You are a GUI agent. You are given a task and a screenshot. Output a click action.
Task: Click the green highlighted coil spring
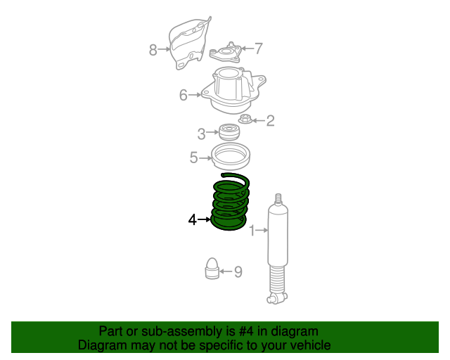230,203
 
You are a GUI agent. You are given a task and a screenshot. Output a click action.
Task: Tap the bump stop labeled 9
212,269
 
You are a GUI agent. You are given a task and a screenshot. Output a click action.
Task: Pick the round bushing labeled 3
228,132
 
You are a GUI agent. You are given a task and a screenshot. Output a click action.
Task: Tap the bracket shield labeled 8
188,44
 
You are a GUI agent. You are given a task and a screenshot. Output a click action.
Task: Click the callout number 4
192,220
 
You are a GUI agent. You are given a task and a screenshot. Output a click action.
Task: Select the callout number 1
252,230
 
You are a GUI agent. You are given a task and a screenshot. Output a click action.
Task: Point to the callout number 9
238,271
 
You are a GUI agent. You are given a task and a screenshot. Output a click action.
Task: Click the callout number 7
258,49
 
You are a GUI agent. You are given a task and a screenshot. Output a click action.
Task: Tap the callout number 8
153,49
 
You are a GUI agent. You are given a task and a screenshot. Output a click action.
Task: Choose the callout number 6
183,95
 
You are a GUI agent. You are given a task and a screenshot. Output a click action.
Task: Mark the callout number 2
270,121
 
